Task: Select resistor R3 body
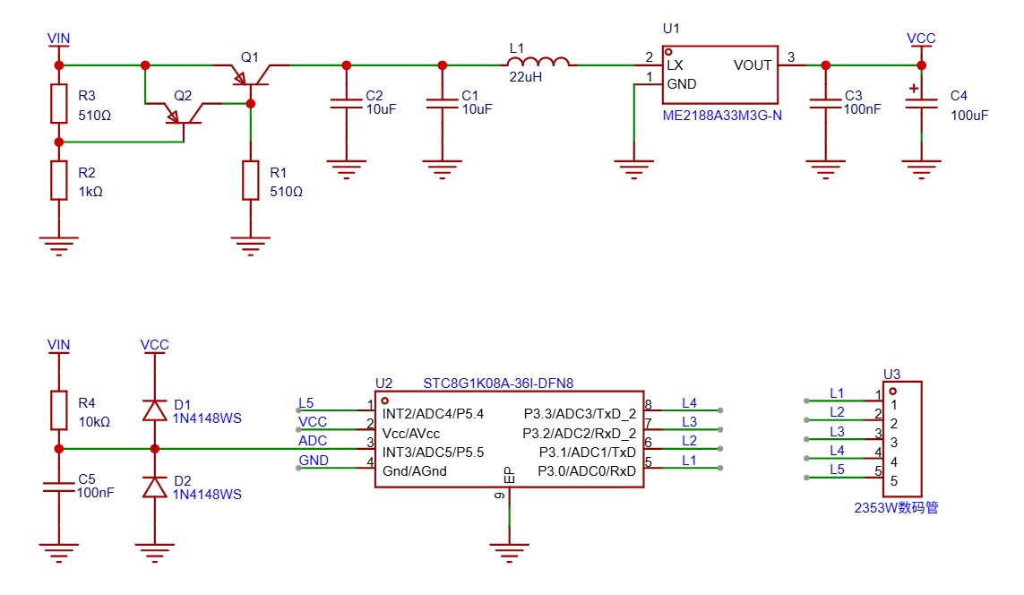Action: (59, 103)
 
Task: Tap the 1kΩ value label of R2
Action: (90, 192)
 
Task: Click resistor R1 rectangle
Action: (251, 179)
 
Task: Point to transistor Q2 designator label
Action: (183, 95)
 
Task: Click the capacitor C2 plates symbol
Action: (346, 103)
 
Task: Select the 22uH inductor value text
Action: (526, 76)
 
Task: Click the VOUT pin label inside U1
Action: (753, 65)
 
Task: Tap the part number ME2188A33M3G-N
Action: (722, 116)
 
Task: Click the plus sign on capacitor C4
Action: (914, 88)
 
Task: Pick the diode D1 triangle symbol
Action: (155, 410)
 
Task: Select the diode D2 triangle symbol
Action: (155, 487)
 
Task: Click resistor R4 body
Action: (59, 410)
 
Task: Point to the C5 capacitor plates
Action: (59, 487)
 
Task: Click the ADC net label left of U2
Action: (313, 441)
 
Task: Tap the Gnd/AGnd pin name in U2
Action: (415, 471)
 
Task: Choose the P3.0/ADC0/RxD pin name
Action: (587, 471)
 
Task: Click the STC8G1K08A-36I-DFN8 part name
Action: (498, 384)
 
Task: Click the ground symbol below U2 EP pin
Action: (510, 553)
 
